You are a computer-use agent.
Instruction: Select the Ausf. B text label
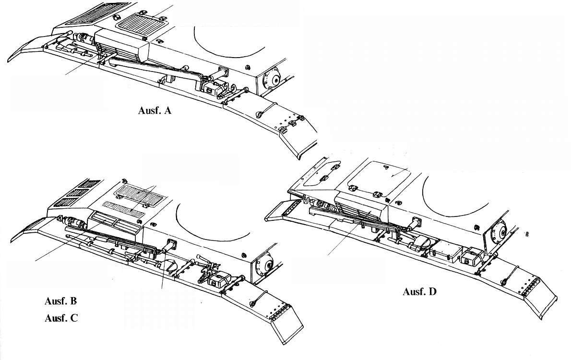coord(60,301)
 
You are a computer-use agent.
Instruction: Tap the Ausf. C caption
coord(60,318)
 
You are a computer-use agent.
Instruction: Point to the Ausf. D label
coord(419,291)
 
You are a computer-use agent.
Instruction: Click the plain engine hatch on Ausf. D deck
coord(379,177)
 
